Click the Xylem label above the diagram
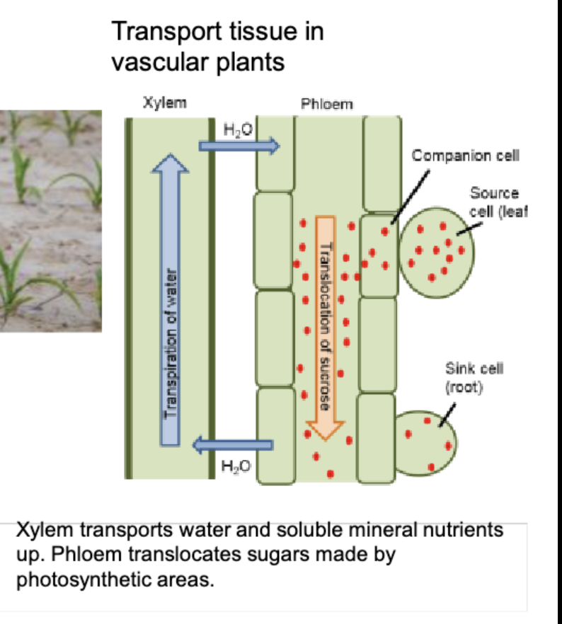pos(165,103)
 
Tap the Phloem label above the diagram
pos(326,105)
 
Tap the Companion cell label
pos(466,156)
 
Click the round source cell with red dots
pos(436,248)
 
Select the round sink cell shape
pos(425,442)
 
